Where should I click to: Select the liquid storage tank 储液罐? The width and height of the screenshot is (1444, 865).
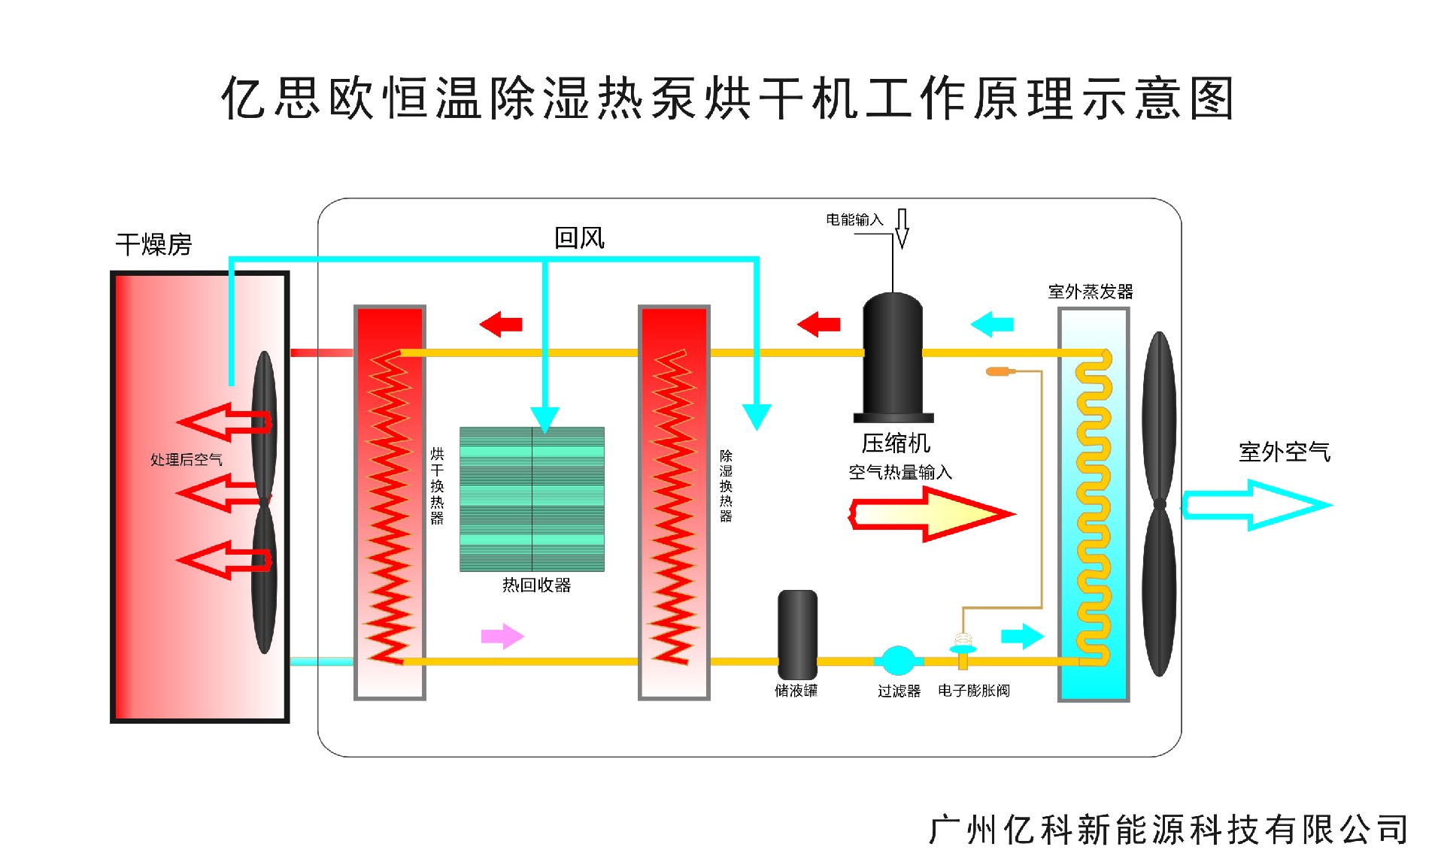797,635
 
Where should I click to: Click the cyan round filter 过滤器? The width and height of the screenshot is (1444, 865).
898,661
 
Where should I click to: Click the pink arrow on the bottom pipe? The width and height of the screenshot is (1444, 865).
502,637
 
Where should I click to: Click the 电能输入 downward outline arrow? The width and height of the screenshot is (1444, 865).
902,228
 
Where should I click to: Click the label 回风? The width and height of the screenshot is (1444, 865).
579,238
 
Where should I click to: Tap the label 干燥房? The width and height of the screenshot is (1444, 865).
153,244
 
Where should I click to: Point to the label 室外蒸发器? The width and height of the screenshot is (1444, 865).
1090,292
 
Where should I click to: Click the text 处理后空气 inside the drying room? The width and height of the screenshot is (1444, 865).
186,459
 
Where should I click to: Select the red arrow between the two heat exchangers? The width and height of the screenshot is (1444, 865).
501,325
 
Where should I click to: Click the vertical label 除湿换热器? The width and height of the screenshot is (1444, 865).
726,485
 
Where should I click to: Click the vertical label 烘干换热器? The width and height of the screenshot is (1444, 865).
437,485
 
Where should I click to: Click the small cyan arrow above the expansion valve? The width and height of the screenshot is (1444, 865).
1022,637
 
